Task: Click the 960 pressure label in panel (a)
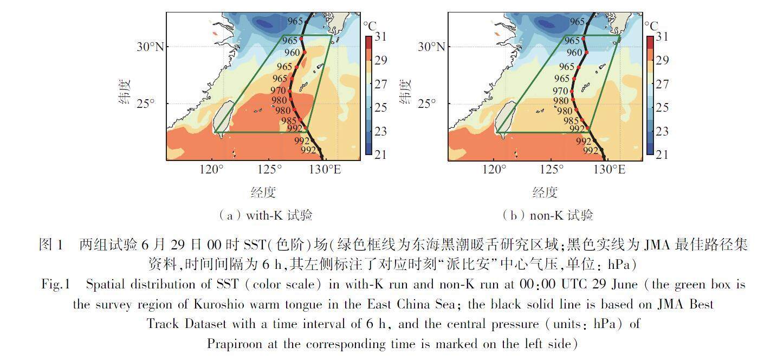[x=292, y=53]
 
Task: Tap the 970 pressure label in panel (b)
[x=560, y=91]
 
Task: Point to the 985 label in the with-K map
[x=288, y=120]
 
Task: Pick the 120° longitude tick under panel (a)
[x=211, y=170]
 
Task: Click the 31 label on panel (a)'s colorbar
[x=380, y=37]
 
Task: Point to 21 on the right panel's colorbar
[x=662, y=155]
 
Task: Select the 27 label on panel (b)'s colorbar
[x=662, y=84]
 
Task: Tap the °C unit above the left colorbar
[x=370, y=25]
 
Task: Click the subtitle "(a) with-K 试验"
[x=265, y=215]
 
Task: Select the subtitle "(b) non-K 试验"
[x=547, y=215]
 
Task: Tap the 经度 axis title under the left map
[x=263, y=192]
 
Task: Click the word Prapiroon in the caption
[x=236, y=344]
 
